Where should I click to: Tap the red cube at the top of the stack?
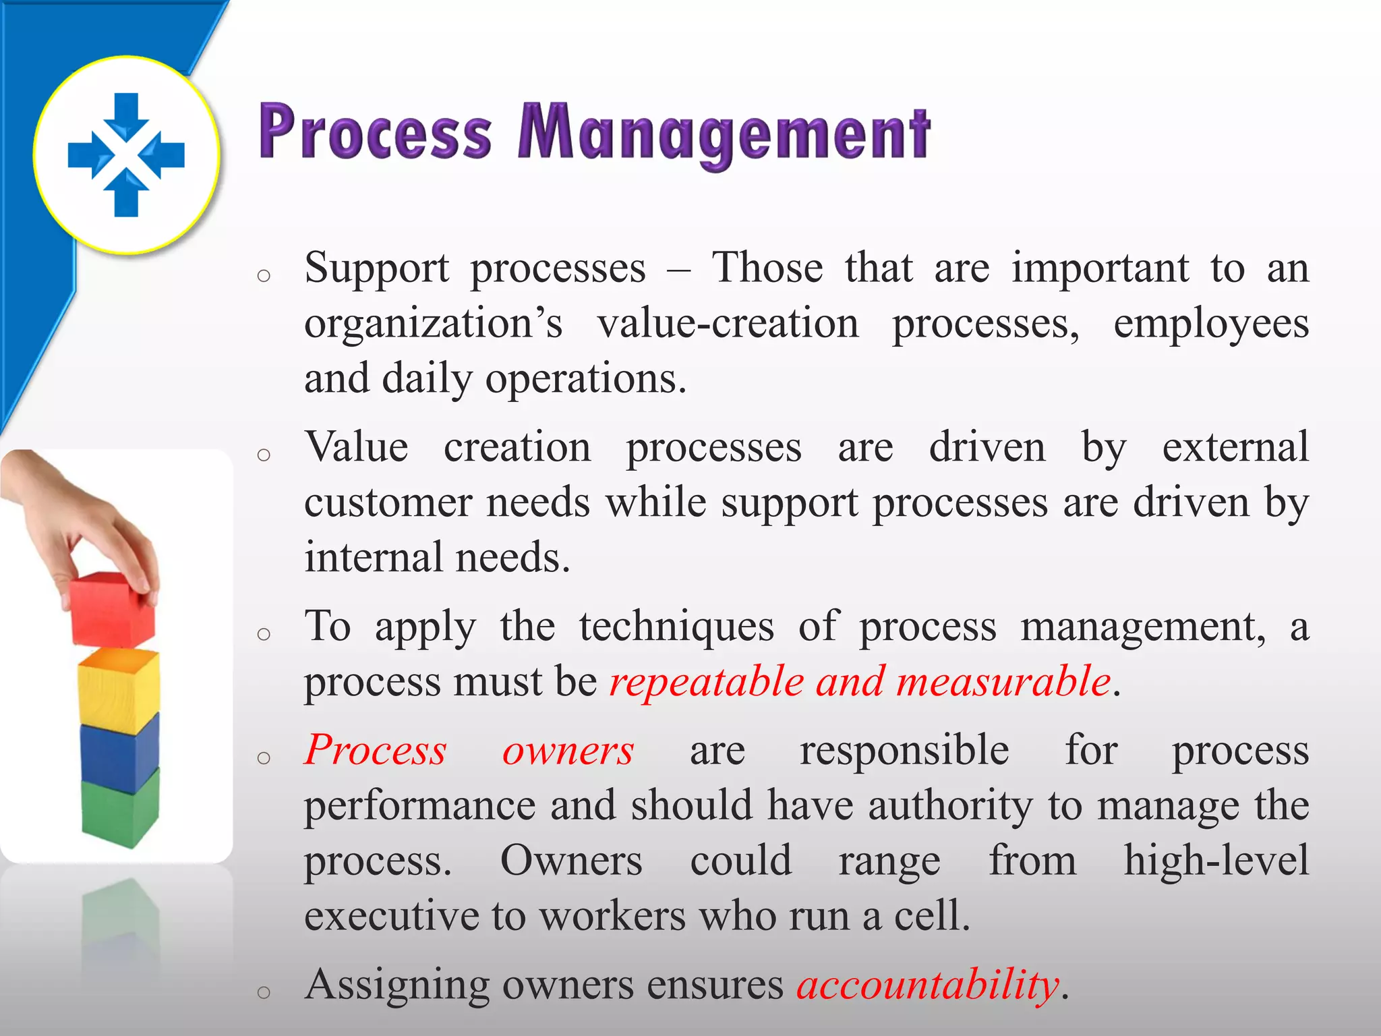(x=112, y=608)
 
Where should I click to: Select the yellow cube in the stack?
(x=119, y=688)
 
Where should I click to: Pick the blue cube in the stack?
(x=119, y=754)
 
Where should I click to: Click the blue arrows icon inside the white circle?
(x=126, y=154)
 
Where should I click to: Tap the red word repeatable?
(x=706, y=681)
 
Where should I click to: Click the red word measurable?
(x=1003, y=681)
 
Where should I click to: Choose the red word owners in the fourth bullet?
(x=568, y=750)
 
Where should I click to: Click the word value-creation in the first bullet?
(x=728, y=324)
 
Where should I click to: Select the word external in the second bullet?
(x=1235, y=447)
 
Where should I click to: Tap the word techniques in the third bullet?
(x=676, y=626)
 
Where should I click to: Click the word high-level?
(x=1216, y=861)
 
